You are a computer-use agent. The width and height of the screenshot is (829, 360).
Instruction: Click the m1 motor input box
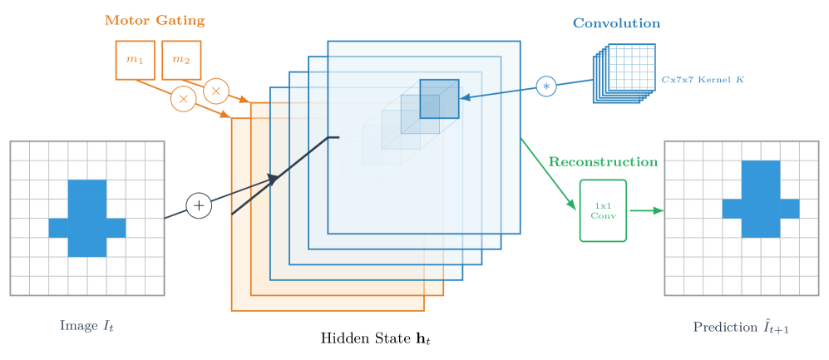pos(135,60)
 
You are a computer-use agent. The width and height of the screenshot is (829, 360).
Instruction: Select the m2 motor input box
pos(181,60)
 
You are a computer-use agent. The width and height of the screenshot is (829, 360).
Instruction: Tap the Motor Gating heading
pos(155,19)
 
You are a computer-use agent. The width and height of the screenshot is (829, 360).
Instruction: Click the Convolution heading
pos(616,23)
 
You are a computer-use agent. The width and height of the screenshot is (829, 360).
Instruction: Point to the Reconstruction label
pos(603,160)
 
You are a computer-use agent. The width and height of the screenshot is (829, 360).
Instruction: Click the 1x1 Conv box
pos(603,210)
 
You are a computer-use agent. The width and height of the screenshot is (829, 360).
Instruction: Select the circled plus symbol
pos(198,205)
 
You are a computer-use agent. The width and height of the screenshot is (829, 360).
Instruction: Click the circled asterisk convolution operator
pos(545,86)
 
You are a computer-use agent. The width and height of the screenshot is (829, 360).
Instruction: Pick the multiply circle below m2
pos(216,90)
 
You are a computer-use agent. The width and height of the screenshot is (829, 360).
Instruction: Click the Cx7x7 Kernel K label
pos(703,79)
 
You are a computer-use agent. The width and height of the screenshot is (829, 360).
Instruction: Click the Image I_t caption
pos(86,325)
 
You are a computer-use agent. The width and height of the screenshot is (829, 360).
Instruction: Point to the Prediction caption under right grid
pos(741,327)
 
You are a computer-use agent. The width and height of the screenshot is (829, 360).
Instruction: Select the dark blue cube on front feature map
pos(439,98)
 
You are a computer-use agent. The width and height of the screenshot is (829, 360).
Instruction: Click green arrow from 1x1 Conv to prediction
pos(646,210)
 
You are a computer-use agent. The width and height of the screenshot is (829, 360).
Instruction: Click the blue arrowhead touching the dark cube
pos(465,97)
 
